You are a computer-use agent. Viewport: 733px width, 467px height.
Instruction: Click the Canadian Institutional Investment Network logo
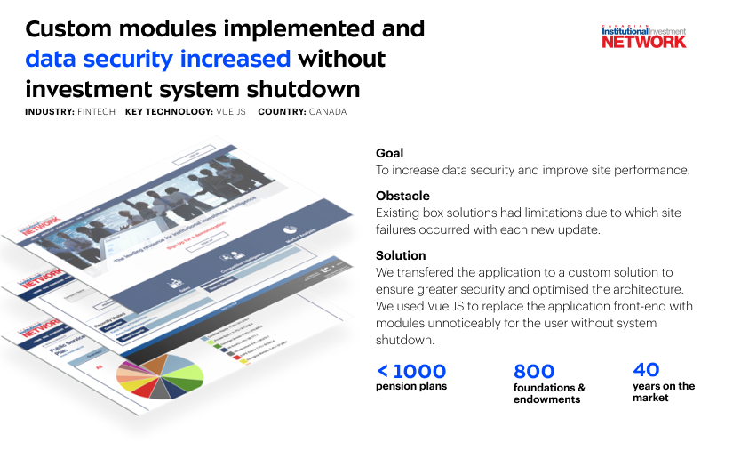(x=644, y=35)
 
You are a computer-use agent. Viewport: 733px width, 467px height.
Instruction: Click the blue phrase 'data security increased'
(x=158, y=60)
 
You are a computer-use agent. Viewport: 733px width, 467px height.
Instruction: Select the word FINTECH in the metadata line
(x=93, y=112)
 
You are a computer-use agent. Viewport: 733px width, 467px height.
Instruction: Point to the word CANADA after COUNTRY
(x=327, y=112)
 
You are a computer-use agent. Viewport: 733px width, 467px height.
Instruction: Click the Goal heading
(x=389, y=153)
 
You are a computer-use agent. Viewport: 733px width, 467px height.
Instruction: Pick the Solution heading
(x=401, y=255)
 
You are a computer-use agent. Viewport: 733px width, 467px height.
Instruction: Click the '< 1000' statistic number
(x=410, y=371)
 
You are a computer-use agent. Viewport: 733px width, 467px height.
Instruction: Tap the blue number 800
(x=534, y=371)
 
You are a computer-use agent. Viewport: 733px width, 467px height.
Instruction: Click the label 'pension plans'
(x=410, y=386)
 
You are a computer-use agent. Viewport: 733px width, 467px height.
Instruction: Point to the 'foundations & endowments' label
(x=549, y=393)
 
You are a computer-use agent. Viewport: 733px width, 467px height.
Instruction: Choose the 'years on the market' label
(x=663, y=392)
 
